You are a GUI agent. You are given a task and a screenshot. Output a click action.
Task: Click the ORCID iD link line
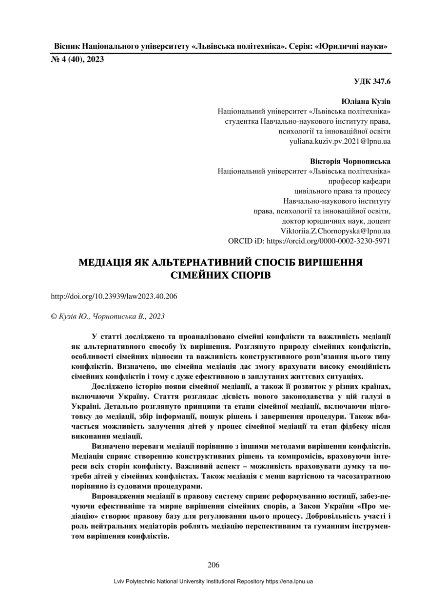pyautogui.click(x=309, y=241)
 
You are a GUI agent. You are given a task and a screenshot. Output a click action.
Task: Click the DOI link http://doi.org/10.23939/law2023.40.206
pyautogui.click(x=114, y=296)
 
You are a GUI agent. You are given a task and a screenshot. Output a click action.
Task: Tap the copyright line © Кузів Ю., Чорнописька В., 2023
pyautogui.click(x=108, y=316)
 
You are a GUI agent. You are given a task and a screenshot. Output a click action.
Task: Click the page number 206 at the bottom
pyautogui.click(x=213, y=565)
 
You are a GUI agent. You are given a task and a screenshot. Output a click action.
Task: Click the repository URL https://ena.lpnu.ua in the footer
pyautogui.click(x=289, y=581)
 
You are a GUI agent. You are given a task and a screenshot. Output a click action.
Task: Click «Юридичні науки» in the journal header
pyautogui.click(x=351, y=47)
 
